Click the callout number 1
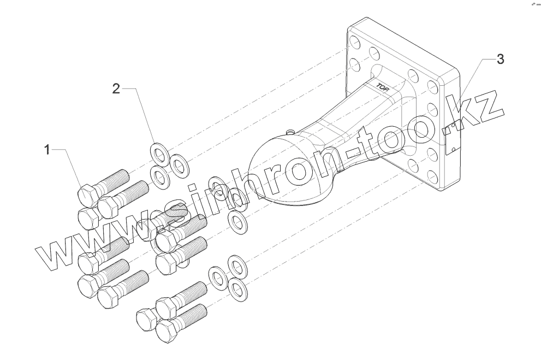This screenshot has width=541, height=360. pos(47,149)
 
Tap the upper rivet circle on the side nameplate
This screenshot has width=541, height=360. pos(454,127)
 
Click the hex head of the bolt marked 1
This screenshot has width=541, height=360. pos(88,194)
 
